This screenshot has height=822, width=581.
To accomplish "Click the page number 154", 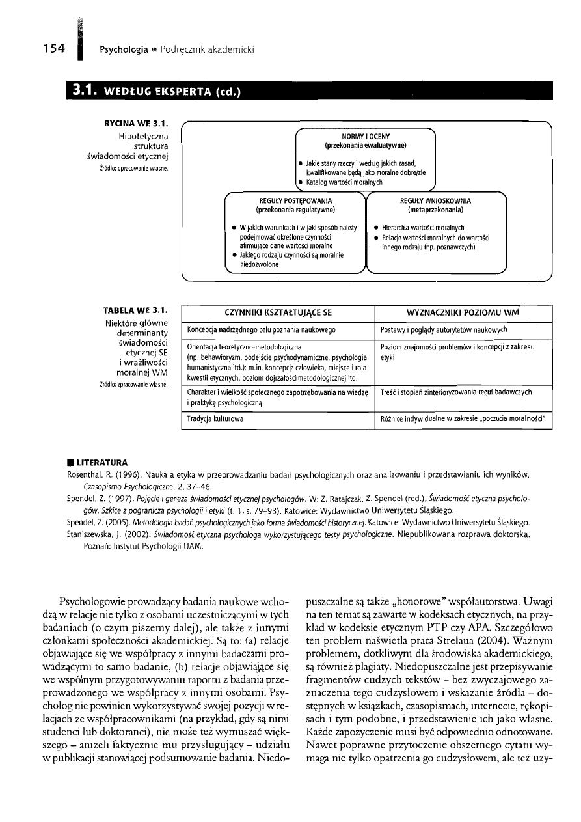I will point(49,48).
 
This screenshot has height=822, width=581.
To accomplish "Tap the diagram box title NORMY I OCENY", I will point(366,136).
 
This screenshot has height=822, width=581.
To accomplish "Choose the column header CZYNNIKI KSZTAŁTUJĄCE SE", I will point(277,312).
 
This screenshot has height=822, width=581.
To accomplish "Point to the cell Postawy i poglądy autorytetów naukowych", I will point(444,330).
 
